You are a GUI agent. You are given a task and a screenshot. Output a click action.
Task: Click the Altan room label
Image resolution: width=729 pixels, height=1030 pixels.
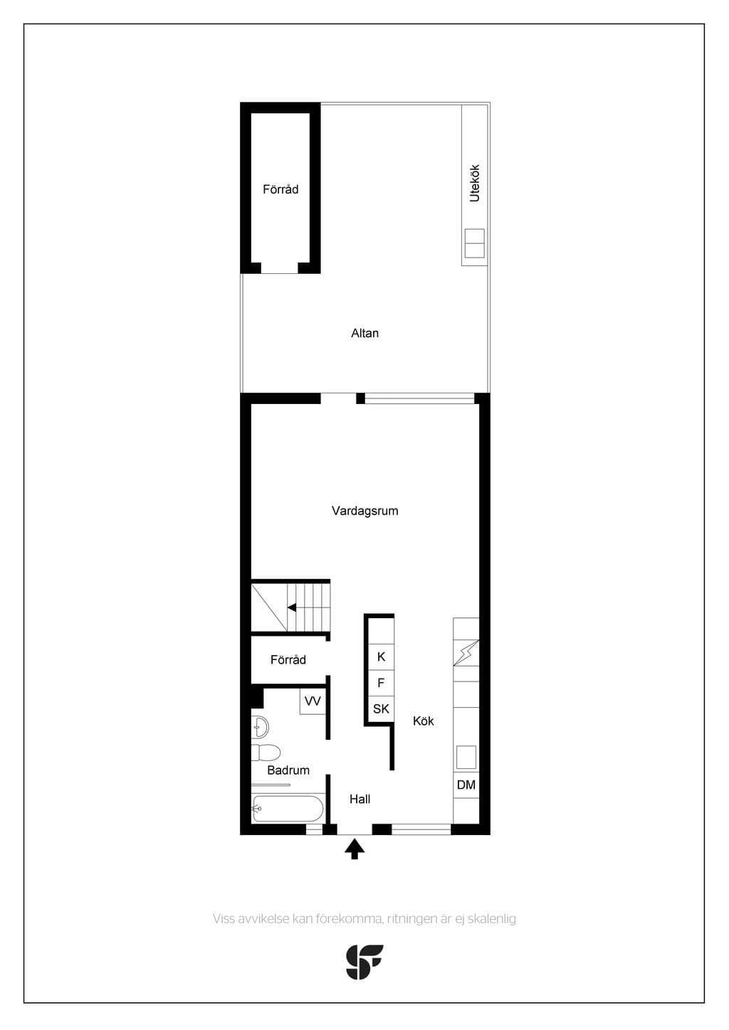(x=364, y=333)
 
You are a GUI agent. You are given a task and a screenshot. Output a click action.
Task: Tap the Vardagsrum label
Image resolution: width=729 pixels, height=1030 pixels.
(x=364, y=511)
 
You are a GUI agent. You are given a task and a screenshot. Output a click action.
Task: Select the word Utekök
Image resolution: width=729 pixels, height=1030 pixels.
(x=475, y=183)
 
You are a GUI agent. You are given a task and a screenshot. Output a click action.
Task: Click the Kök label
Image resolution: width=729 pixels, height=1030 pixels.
(x=423, y=721)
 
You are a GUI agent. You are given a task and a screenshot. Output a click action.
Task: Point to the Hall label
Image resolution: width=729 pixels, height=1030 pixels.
(x=360, y=799)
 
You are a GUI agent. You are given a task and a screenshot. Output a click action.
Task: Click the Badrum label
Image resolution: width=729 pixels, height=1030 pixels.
(x=288, y=770)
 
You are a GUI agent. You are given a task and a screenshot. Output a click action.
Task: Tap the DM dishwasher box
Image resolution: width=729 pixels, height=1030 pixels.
(x=466, y=785)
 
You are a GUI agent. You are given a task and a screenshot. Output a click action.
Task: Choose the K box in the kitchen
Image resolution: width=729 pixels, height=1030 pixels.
(x=381, y=657)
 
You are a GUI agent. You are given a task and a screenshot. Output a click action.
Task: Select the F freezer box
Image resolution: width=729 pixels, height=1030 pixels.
(x=381, y=683)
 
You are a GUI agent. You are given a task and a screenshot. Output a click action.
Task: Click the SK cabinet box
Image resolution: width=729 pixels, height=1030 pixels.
(x=381, y=709)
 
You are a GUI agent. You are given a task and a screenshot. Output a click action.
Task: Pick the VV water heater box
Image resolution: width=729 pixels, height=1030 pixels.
(x=313, y=701)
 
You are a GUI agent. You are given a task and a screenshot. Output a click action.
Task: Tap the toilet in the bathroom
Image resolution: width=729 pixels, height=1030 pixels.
(x=266, y=753)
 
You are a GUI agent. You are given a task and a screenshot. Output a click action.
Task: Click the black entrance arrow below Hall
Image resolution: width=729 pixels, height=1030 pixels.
(x=355, y=849)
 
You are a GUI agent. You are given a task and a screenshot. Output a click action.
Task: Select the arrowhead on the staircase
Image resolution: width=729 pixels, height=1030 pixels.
(x=291, y=607)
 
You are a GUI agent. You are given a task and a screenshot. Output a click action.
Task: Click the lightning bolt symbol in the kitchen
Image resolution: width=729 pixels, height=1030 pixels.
(x=466, y=653)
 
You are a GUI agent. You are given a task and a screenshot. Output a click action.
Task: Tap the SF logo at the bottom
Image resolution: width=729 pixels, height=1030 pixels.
(x=364, y=962)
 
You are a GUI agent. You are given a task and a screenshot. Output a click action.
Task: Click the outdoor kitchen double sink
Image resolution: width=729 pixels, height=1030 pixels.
(x=475, y=243)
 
